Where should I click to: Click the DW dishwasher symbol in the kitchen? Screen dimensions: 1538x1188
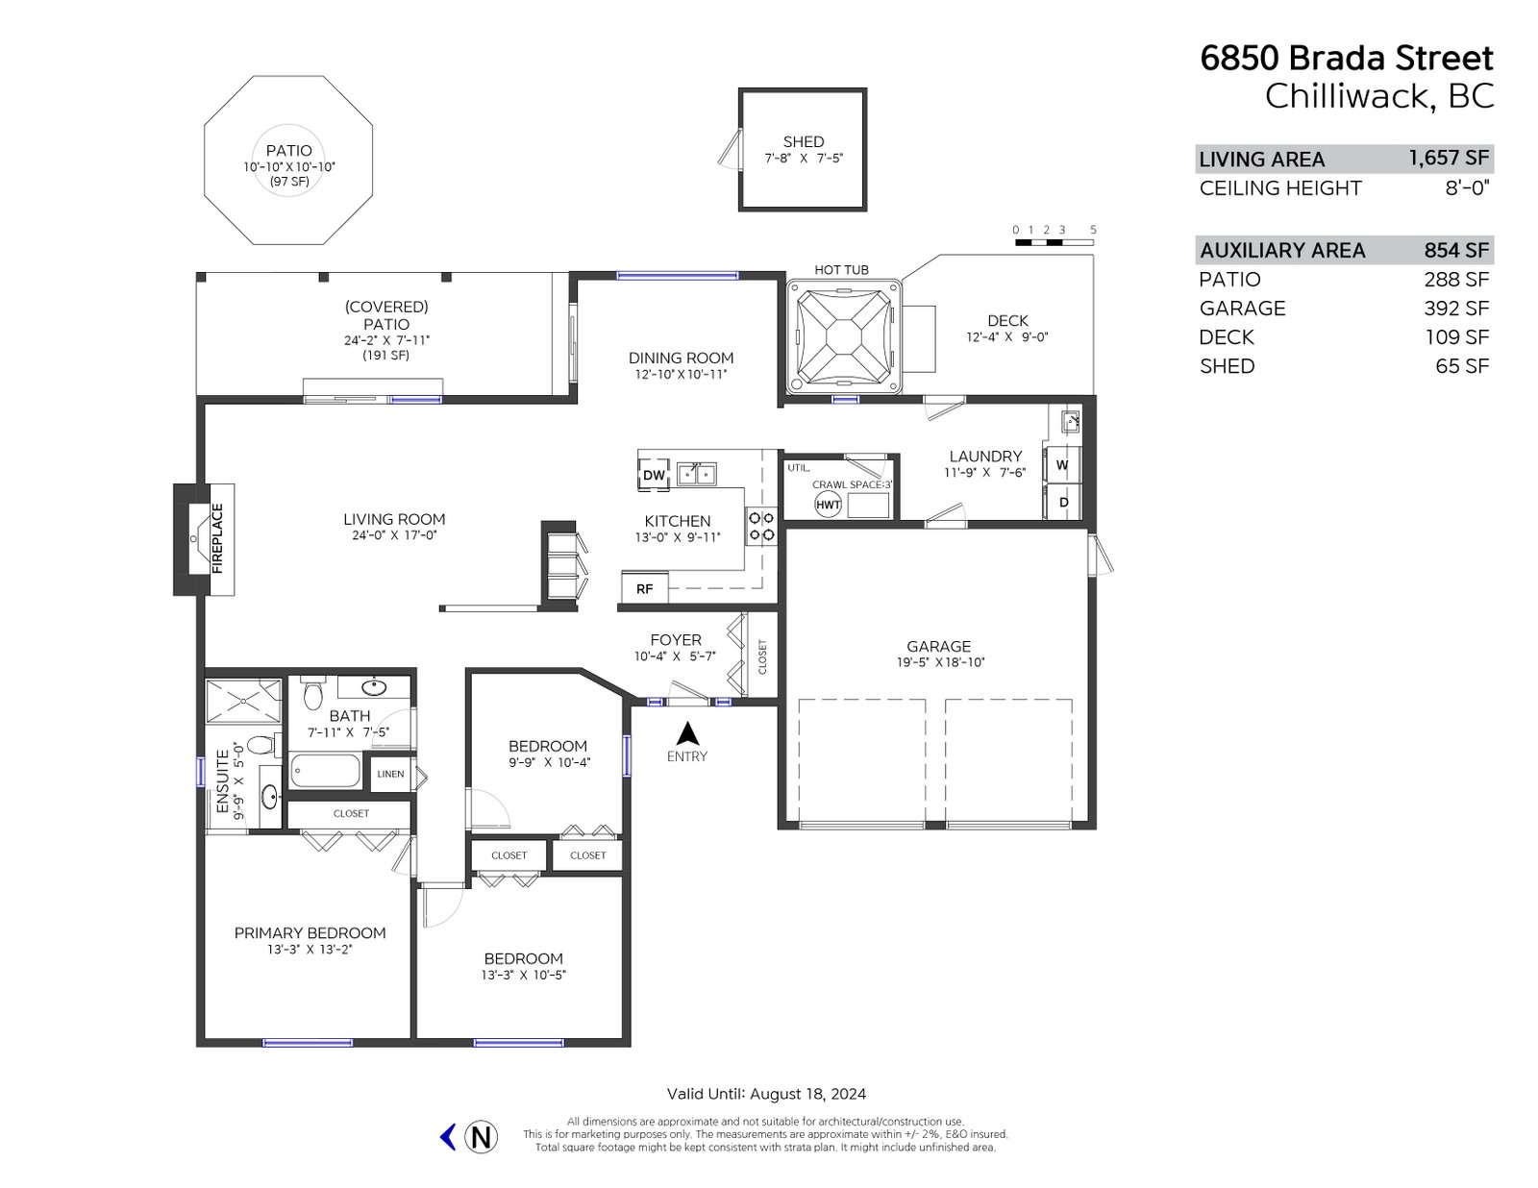(654, 474)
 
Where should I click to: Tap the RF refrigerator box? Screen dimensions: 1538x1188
(644, 588)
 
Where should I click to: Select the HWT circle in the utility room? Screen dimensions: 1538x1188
(828, 505)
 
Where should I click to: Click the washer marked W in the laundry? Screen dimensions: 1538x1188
(1062, 465)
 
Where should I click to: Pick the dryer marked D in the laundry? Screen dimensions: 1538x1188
(1063, 503)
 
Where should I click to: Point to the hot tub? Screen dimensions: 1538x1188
(844, 336)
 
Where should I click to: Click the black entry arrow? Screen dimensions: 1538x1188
(687, 733)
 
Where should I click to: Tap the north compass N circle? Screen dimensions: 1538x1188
(481, 1137)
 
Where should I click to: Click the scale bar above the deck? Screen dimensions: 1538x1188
(1054, 243)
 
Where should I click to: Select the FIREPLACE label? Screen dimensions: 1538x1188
(217, 538)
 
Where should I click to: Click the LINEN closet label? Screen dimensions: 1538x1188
(390, 774)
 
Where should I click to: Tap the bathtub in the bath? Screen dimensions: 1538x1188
(326, 771)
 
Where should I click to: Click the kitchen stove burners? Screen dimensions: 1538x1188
(761, 526)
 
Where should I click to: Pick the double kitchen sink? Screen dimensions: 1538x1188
(697, 473)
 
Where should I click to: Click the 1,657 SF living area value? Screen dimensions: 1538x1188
(1449, 158)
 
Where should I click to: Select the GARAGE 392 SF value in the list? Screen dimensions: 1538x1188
(1456, 309)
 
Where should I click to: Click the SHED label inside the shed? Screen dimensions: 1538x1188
(804, 141)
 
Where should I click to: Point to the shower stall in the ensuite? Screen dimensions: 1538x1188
(243, 701)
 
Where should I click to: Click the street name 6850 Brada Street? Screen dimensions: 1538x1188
(1347, 58)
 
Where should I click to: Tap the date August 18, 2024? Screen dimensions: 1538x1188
(807, 1094)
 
